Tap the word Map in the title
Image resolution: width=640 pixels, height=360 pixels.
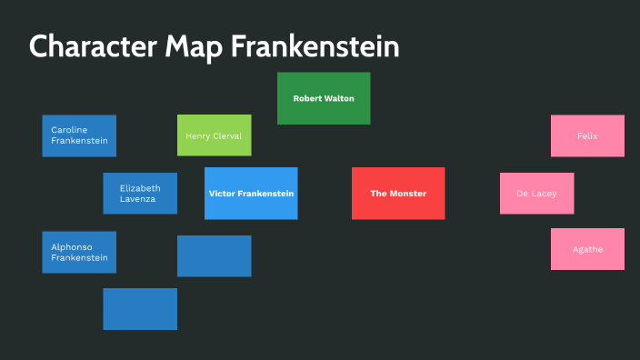click(x=193, y=47)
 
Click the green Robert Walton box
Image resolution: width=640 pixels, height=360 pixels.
click(x=324, y=98)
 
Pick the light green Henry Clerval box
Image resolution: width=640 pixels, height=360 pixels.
click(x=214, y=135)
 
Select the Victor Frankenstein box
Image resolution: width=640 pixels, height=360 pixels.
click(x=251, y=194)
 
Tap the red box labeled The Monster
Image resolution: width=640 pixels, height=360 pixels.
click(x=398, y=194)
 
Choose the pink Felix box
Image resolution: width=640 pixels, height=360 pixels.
click(x=587, y=135)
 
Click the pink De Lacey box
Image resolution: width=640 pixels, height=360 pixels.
click(x=536, y=194)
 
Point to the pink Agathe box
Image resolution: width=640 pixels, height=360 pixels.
click(x=587, y=249)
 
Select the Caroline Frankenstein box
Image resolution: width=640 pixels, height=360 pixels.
click(x=79, y=135)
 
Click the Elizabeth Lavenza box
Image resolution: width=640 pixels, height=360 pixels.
click(x=140, y=194)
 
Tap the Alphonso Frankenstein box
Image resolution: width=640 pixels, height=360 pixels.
click(x=79, y=252)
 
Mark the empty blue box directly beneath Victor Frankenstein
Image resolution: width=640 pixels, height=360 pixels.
click(x=214, y=255)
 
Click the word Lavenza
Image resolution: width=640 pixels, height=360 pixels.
click(x=137, y=199)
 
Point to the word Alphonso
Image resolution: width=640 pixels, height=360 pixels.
click(x=72, y=246)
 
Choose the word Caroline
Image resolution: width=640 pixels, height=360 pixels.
click(x=69, y=130)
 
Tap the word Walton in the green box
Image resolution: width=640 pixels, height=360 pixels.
click(x=339, y=98)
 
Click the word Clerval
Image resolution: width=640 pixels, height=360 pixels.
click(x=228, y=135)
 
